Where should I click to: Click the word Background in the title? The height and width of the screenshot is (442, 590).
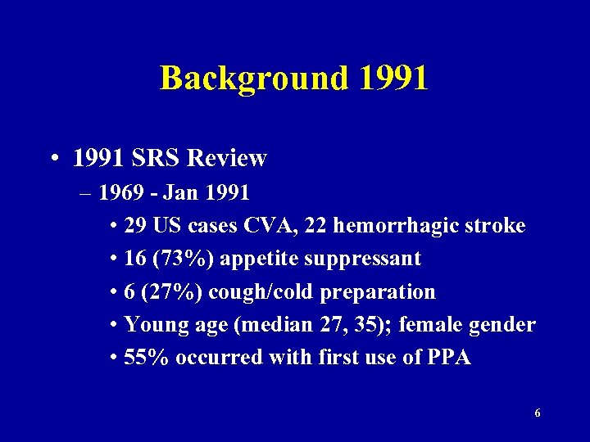click(x=253, y=79)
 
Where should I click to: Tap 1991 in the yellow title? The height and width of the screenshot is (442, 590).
click(x=393, y=79)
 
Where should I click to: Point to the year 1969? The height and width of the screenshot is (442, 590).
click(x=122, y=193)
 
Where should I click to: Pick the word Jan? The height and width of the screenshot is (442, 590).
click(x=179, y=193)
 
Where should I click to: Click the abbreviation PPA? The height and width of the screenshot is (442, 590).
click(x=449, y=357)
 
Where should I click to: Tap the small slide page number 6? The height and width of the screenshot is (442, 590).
click(x=537, y=413)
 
